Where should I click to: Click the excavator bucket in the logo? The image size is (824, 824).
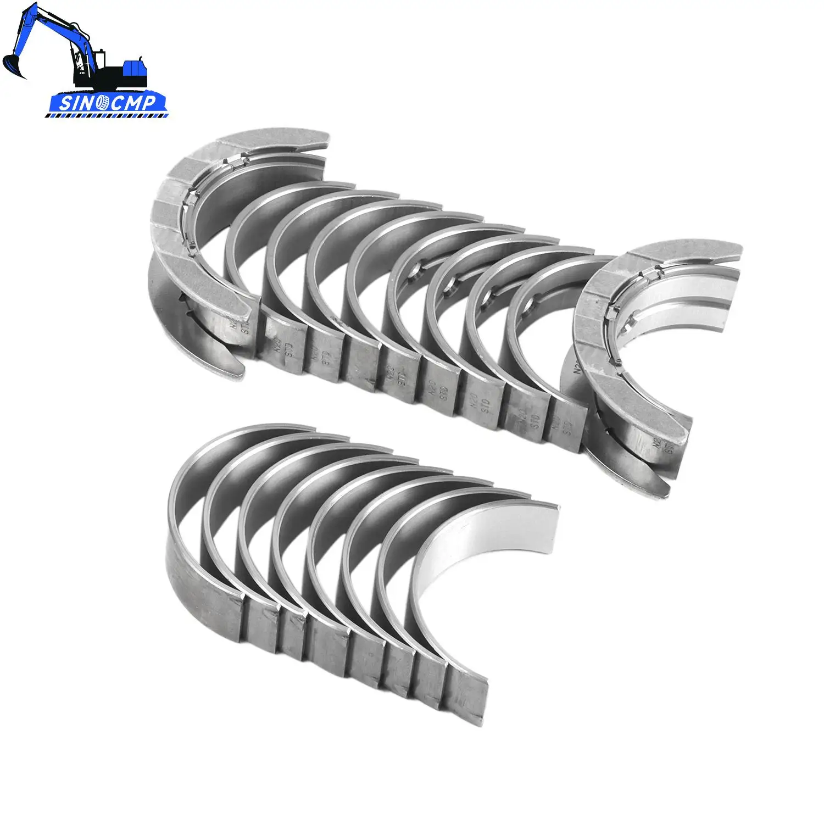(12, 65)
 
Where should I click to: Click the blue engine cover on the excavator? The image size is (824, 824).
(135, 68)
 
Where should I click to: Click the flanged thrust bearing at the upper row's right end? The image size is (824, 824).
(632, 352)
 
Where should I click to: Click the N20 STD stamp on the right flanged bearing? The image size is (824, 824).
(662, 442)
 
